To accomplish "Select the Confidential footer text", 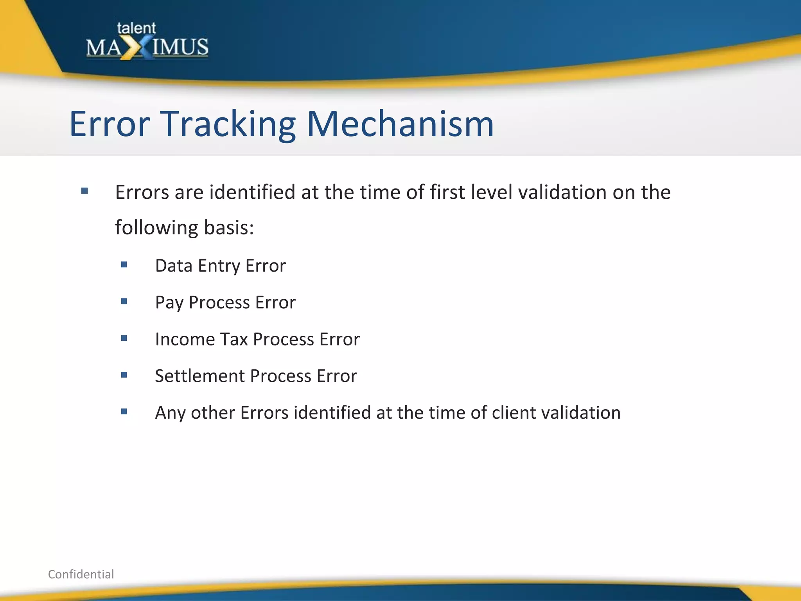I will click(81, 574).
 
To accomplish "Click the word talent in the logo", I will click(136, 28).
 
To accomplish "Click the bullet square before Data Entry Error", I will click(124, 265).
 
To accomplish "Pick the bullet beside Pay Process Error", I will click(124, 301).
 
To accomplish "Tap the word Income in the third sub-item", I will click(185, 339).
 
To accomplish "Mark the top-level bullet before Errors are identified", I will click(84, 191).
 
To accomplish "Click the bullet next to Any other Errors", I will click(124, 412).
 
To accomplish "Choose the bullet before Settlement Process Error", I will click(124, 375).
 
